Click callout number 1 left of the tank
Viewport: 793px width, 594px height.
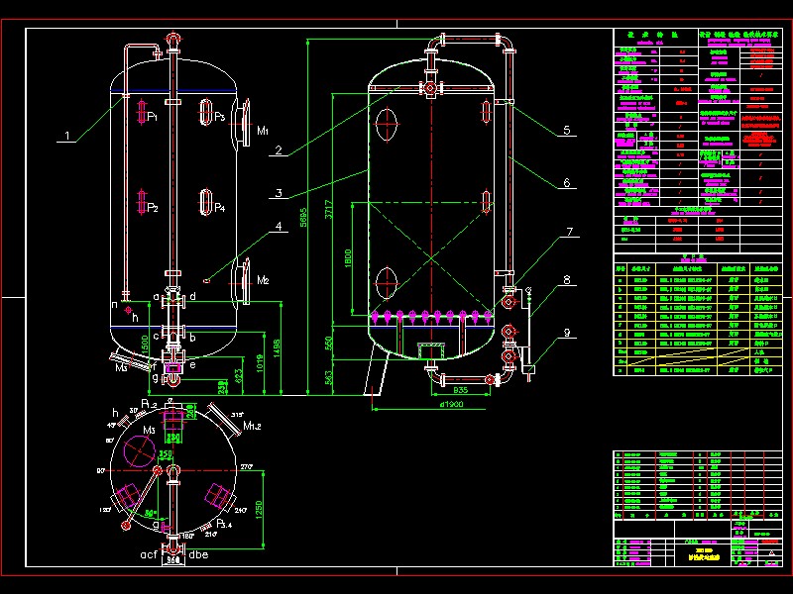click(x=67, y=136)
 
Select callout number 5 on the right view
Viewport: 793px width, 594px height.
click(x=566, y=130)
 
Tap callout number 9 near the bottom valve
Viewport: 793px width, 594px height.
click(x=566, y=332)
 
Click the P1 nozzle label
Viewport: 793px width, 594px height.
click(x=152, y=117)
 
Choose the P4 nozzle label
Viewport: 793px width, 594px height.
click(x=219, y=208)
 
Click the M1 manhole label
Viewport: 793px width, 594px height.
click(x=263, y=130)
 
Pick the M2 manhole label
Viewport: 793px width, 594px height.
click(x=263, y=281)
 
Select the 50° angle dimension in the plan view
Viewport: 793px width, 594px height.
click(x=151, y=514)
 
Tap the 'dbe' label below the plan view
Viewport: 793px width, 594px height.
click(x=199, y=553)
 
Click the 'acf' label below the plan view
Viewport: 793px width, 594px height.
click(x=149, y=553)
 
